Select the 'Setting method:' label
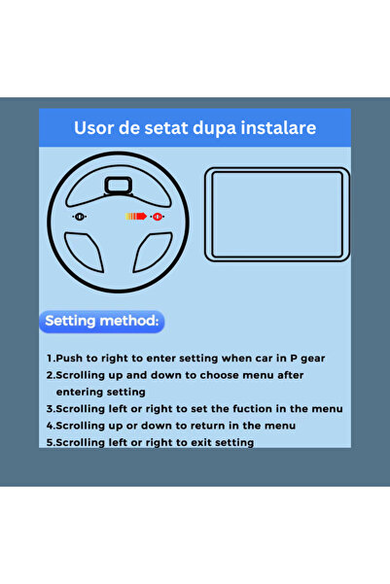coord(102,321)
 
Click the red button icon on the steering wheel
coord(158,217)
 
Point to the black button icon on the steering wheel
coord(80,217)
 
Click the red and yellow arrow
coord(136,217)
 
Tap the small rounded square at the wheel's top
coord(119,186)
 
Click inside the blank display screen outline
coord(277,215)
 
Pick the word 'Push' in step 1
coord(69,359)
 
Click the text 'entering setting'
coord(101,393)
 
